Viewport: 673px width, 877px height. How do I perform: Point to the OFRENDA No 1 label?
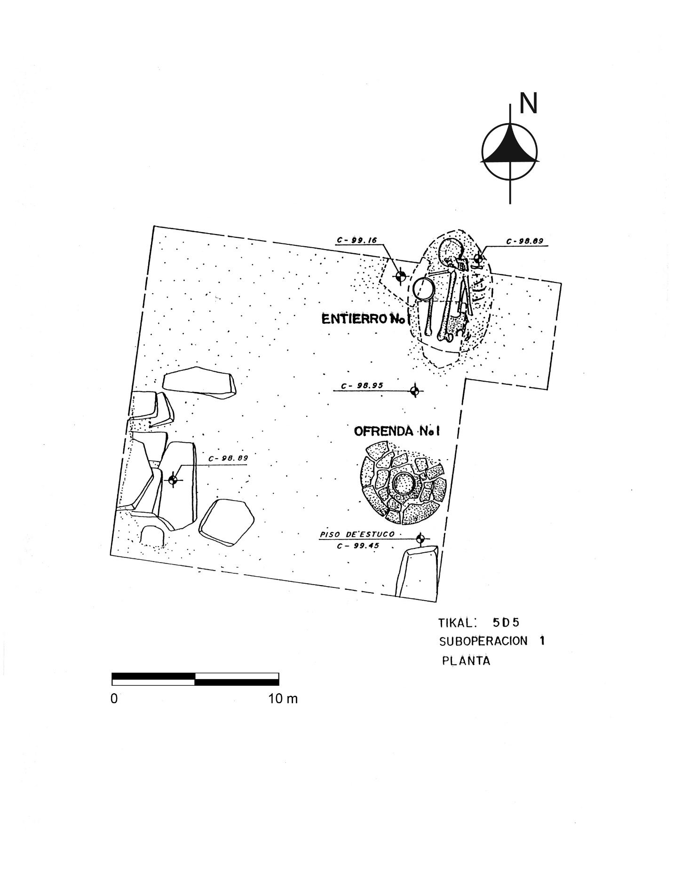click(396, 431)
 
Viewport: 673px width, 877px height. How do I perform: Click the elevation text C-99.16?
click(356, 240)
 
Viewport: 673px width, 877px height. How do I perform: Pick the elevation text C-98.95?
click(362, 385)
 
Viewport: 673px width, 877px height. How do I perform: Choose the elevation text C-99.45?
click(358, 546)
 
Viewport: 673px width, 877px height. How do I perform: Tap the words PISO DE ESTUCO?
click(357, 534)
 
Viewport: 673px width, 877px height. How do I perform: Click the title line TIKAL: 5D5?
click(479, 623)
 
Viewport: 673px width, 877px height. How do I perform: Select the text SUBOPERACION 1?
click(491, 641)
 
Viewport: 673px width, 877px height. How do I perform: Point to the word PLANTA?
click(466, 661)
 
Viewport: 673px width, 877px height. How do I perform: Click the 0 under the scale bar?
click(114, 698)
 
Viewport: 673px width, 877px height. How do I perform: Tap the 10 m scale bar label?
click(283, 698)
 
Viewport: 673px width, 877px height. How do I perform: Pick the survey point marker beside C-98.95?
click(414, 390)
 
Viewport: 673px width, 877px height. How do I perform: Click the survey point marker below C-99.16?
click(400, 277)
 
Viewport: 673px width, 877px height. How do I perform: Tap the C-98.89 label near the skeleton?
click(524, 242)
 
